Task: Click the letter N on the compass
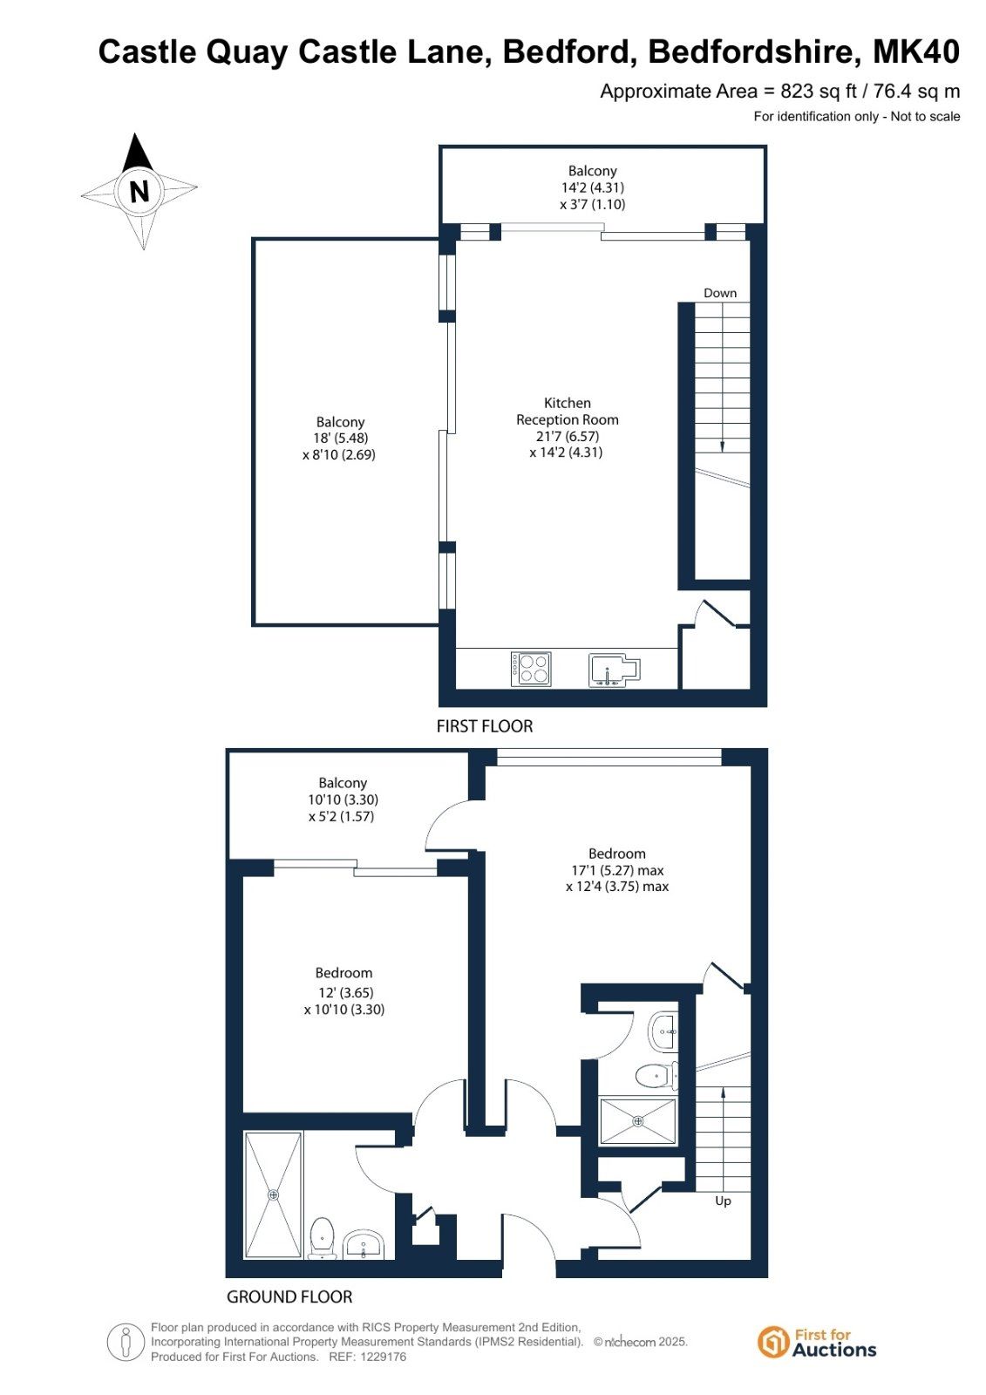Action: tap(139, 191)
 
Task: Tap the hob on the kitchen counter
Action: tap(531, 669)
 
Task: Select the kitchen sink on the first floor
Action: tap(614, 670)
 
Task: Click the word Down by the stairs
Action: tap(720, 293)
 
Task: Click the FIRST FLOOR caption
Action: tap(485, 726)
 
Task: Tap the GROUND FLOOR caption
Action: tap(289, 1297)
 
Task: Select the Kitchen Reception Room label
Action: tap(568, 411)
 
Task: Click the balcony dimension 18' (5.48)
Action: tap(341, 438)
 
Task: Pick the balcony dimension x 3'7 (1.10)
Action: tap(593, 204)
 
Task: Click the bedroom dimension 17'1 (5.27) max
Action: tap(617, 870)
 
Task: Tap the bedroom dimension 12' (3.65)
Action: tap(344, 993)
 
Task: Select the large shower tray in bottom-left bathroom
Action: tap(274, 1195)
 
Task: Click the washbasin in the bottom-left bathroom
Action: tap(364, 1246)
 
